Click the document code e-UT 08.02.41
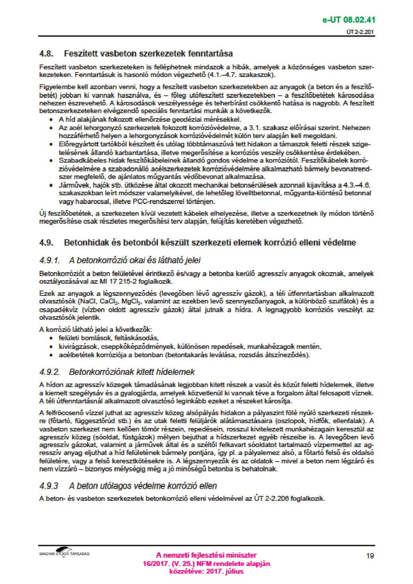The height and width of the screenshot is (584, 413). tap(349, 20)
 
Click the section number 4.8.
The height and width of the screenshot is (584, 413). tap(46, 54)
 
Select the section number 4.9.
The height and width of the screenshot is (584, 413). tap(46, 242)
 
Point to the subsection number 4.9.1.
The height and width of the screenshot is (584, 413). tap(50, 260)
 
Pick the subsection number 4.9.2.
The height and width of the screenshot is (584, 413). tap(50, 372)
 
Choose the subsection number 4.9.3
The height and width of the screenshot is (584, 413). tap(49, 486)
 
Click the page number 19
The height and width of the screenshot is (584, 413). tap(370, 556)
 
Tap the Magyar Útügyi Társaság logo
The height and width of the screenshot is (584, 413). tap(64, 553)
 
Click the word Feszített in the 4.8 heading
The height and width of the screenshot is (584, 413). tap(81, 54)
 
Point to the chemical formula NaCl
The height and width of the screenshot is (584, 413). tap(87, 301)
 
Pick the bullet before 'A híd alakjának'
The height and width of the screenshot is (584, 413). tap(51, 120)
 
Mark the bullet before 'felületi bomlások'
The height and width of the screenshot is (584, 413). tap(51, 338)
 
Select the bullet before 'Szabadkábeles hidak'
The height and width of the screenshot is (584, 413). tap(51, 161)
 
